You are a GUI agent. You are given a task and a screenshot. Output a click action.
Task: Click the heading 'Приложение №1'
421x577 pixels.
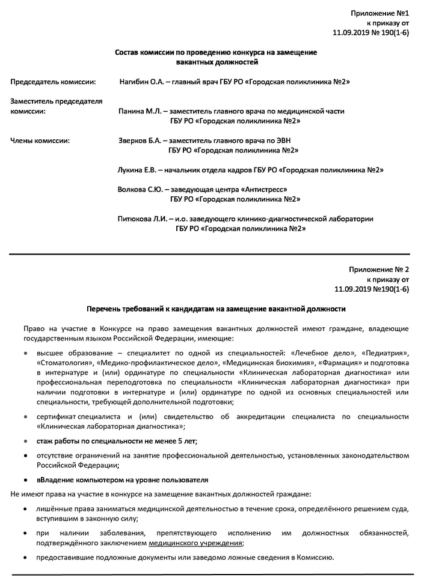pyautogui.click(x=380, y=13)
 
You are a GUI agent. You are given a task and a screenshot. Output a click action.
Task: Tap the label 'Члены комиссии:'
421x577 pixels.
pyautogui.click(x=40, y=140)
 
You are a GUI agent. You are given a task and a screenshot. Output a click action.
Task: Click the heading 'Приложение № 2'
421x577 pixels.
pyautogui.click(x=378, y=269)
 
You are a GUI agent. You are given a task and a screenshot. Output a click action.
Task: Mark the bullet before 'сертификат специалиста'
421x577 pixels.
pyautogui.click(x=25, y=416)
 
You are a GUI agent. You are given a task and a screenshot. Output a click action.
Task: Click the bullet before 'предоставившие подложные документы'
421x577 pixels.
pyautogui.click(x=25, y=557)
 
